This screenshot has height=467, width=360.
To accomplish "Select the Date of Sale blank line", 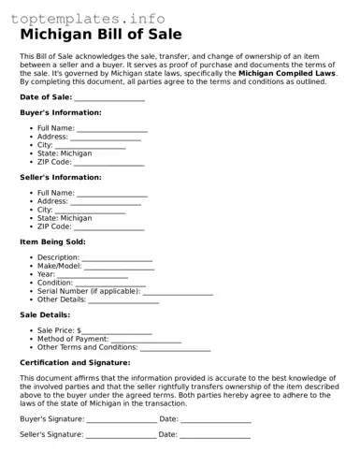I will click(x=109, y=98).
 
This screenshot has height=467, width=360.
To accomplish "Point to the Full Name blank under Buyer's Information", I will click(x=112, y=129).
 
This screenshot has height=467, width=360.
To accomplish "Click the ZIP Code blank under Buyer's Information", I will click(x=108, y=163).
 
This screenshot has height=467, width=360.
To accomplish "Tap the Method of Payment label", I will click(x=73, y=339).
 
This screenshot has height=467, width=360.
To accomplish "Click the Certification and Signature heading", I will click(x=75, y=362).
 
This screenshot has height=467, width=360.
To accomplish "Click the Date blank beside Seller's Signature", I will click(x=215, y=436).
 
